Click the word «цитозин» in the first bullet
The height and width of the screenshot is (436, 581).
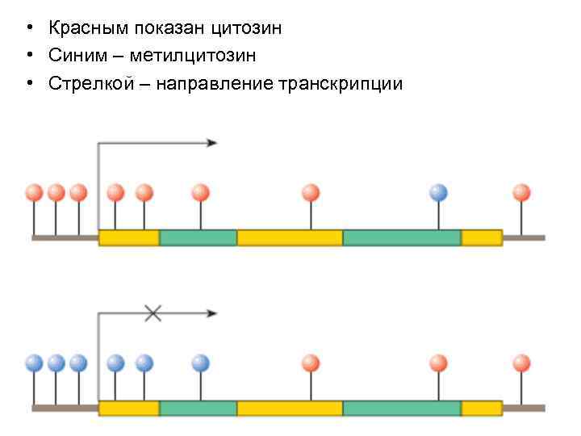[246, 29]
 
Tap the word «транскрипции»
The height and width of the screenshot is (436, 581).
[339, 83]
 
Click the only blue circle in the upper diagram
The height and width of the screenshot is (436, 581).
[438, 193]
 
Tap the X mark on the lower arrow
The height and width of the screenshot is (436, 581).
[153, 313]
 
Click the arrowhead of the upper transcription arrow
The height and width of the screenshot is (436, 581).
[212, 143]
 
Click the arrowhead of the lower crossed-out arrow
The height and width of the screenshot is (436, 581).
[212, 313]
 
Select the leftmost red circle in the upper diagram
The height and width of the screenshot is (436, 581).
[34, 193]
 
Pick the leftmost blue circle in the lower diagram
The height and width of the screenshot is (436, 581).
[34, 363]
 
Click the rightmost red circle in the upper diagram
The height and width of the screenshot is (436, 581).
[522, 193]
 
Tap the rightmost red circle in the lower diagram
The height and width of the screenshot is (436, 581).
[522, 363]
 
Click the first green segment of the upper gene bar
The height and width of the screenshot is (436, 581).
[198, 237]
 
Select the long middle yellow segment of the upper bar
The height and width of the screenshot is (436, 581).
[290, 237]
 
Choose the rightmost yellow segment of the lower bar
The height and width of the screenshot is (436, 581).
[482, 408]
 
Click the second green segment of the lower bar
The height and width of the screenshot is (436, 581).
[402, 408]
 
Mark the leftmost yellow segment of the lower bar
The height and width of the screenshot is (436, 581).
[128, 408]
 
